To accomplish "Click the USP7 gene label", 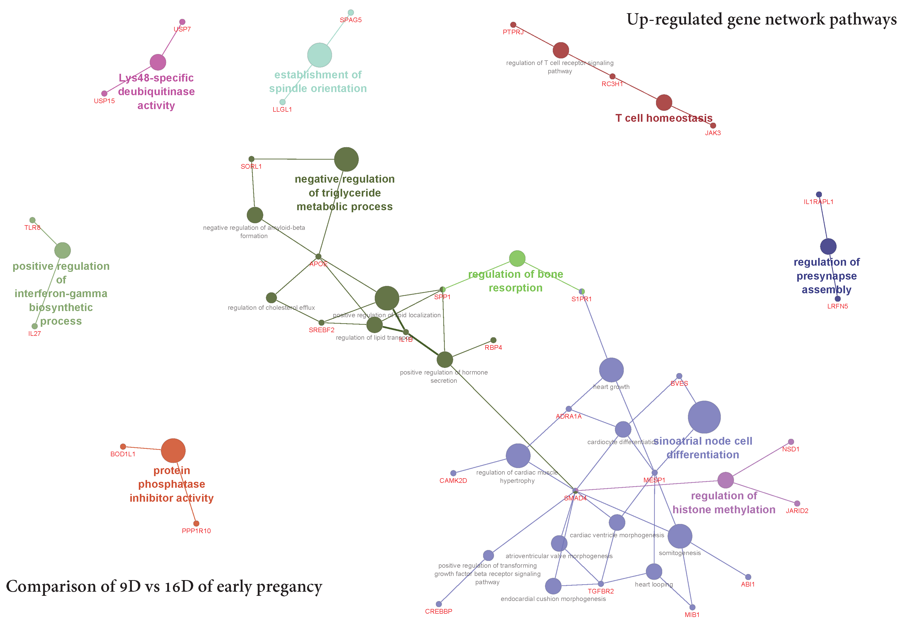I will [x=182, y=29].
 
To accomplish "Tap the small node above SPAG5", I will [x=351, y=13].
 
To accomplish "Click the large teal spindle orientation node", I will [x=319, y=55].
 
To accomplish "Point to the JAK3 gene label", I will [x=713, y=133].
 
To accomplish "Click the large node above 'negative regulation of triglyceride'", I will [x=346, y=159].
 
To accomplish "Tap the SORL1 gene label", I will [x=251, y=166].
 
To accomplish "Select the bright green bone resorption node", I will [x=517, y=258].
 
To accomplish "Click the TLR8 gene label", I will [x=32, y=227].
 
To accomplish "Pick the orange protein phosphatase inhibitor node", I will [x=173, y=451].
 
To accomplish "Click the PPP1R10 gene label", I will [x=196, y=531].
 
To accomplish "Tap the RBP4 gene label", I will [x=493, y=347].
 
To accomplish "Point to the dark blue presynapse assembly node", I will [x=828, y=246].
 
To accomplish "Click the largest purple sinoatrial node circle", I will [x=704, y=417].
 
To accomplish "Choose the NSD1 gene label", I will [x=791, y=449].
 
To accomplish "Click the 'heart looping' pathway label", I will [x=654, y=584].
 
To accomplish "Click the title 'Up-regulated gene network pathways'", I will [x=761, y=19].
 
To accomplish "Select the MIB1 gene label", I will [x=692, y=615].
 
